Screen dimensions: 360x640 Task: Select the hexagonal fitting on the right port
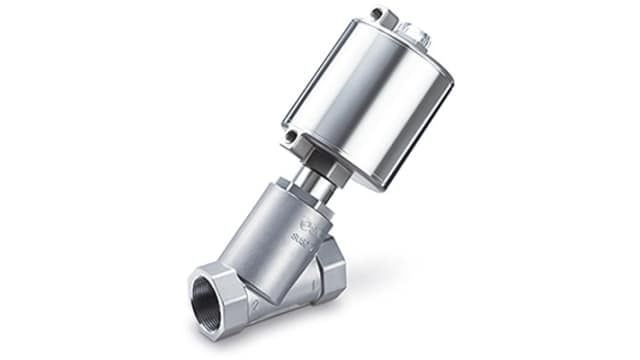(x=329, y=269)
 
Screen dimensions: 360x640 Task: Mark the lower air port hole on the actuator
(x=291, y=138)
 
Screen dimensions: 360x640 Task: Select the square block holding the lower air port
(x=296, y=143)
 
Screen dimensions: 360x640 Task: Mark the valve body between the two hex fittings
(x=285, y=285)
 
